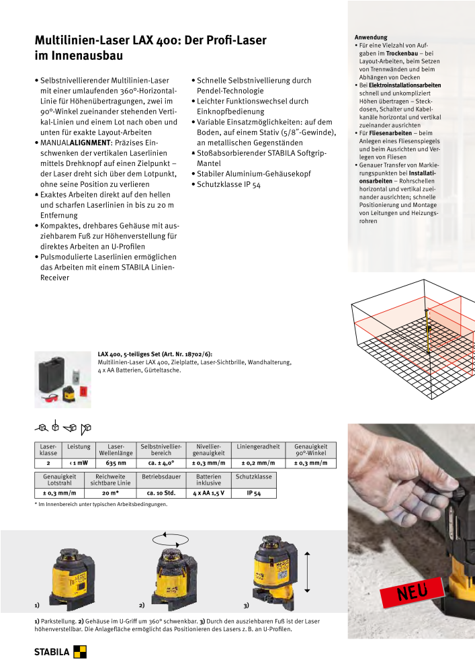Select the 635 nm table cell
coord(116,463)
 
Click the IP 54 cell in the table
coord(254,493)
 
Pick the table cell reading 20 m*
coord(111,493)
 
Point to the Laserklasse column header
coord(48,450)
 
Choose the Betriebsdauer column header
coord(162,477)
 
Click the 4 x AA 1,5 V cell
coord(208,493)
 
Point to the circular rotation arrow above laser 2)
coord(171,538)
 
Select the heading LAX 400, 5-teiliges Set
coord(155,354)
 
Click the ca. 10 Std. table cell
coord(161,493)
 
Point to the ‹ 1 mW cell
coord(79,463)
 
